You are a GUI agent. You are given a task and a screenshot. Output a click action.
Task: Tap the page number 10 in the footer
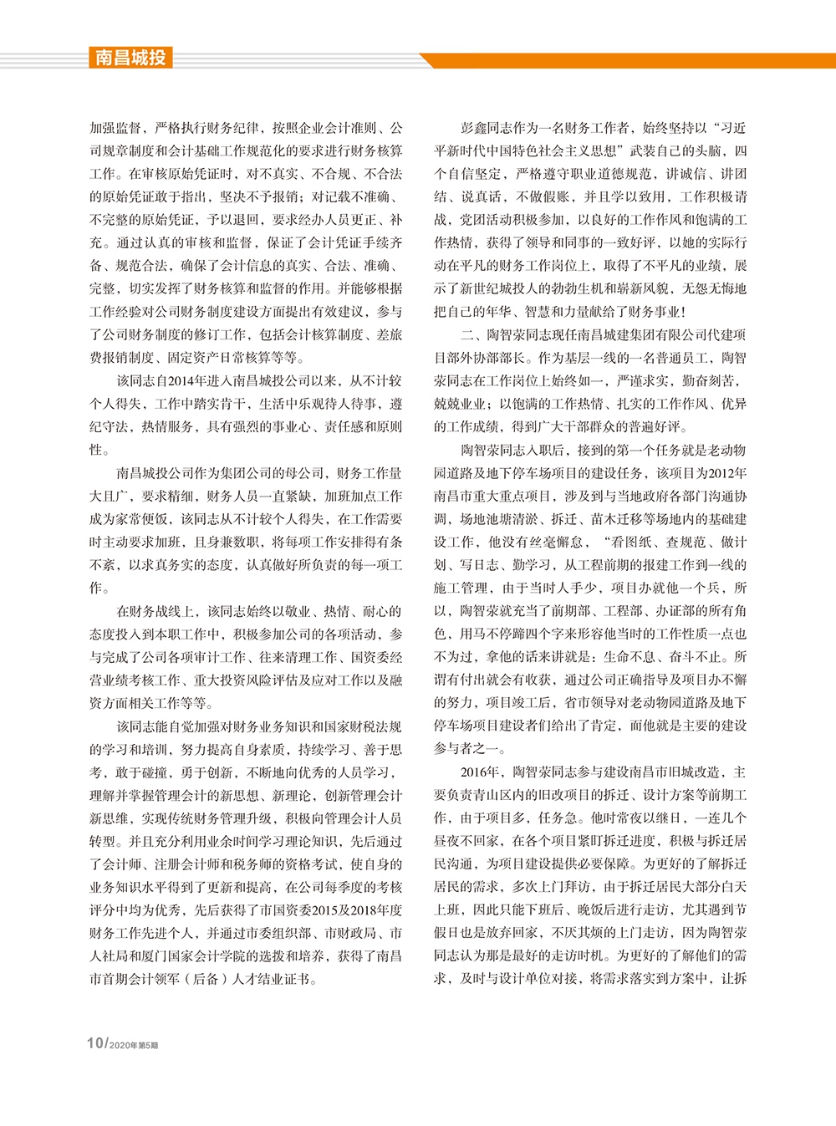click(x=94, y=1043)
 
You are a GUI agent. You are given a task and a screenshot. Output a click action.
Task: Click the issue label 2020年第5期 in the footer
click(x=134, y=1045)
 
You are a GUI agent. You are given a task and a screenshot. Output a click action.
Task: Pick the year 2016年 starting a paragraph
click(x=480, y=772)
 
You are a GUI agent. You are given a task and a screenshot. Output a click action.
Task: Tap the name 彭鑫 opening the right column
click(x=473, y=128)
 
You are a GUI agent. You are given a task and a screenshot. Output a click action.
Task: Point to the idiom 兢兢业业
click(x=460, y=404)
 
